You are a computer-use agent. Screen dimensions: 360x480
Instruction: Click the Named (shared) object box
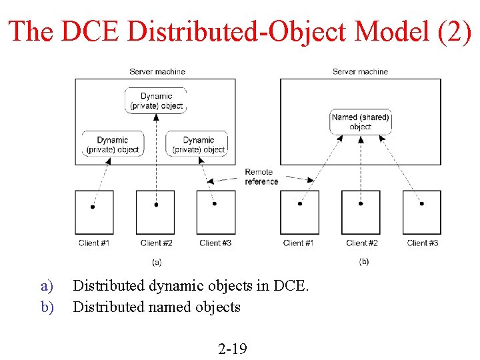pyautogui.click(x=360, y=121)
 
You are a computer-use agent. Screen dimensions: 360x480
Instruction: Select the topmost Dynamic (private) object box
pyautogui.click(x=156, y=101)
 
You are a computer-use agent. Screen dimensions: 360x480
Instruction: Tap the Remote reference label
pyautogui.click(x=261, y=177)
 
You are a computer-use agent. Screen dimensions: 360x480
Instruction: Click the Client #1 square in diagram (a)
pyautogui.click(x=94, y=212)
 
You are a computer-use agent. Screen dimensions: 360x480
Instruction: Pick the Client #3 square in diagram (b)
pyautogui.click(x=421, y=212)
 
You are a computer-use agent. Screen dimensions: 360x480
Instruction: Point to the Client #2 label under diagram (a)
pyautogui.click(x=157, y=243)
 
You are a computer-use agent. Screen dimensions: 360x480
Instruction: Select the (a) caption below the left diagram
pyautogui.click(x=157, y=262)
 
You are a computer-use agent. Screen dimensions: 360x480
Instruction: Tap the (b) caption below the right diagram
pyautogui.click(x=363, y=261)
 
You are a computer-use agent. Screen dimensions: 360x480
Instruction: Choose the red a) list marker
pyautogui.click(x=46, y=286)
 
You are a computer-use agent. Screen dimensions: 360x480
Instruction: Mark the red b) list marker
pyautogui.click(x=46, y=307)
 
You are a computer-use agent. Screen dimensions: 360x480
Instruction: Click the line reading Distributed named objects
pyautogui.click(x=157, y=307)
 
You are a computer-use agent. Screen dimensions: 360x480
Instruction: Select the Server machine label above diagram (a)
pyautogui.click(x=157, y=71)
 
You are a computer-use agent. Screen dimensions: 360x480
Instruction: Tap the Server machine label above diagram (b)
pyautogui.click(x=360, y=71)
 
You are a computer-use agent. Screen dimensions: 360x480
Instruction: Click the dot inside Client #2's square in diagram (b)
pyautogui.click(x=361, y=204)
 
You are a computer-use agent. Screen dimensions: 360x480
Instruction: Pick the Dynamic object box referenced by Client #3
pyautogui.click(x=198, y=144)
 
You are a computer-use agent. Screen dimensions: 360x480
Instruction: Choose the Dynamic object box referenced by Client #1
pyautogui.click(x=113, y=144)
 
